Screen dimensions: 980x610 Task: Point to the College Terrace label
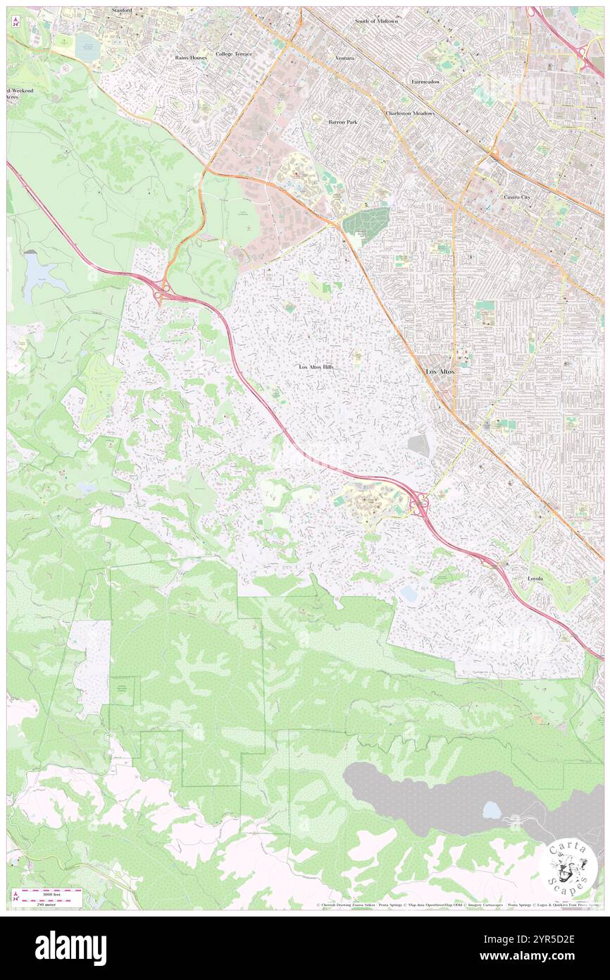click(x=233, y=54)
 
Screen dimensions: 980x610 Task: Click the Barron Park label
click(x=342, y=122)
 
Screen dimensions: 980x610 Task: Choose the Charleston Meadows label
click(x=410, y=114)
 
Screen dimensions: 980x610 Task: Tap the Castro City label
click(x=517, y=197)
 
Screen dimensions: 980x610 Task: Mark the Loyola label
click(x=535, y=578)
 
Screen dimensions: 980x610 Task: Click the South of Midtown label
click(x=376, y=21)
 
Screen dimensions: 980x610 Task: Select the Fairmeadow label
click(x=425, y=82)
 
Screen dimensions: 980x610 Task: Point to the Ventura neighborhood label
click(x=344, y=58)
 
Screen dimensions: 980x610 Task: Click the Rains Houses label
click(x=191, y=58)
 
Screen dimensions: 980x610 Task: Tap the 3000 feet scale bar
click(x=48, y=893)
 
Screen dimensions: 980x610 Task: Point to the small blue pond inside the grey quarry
click(x=492, y=810)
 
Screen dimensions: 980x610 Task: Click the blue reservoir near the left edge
click(x=39, y=275)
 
